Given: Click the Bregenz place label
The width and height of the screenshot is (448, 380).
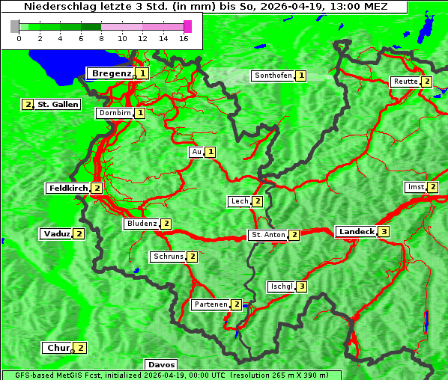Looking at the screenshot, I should (111, 73).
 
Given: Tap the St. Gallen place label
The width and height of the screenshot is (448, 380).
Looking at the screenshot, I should (58, 105).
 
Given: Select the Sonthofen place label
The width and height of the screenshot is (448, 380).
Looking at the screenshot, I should (273, 76).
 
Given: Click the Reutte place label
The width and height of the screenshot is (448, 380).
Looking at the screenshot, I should (405, 82).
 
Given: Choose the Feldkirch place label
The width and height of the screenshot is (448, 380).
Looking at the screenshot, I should (68, 188).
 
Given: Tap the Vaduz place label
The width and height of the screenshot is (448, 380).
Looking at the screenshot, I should (56, 233).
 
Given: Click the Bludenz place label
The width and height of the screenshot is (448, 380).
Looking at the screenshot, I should (142, 224).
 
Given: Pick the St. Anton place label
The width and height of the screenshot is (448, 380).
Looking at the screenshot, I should (268, 235).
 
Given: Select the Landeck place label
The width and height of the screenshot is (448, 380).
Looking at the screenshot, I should (356, 232).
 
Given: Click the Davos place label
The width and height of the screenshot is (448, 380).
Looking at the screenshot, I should (161, 365).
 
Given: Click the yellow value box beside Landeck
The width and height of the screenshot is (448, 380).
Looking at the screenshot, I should (384, 232).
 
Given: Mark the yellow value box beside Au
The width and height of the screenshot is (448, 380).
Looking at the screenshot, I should (211, 152).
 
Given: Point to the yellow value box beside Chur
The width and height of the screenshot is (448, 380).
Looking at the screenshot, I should (81, 348).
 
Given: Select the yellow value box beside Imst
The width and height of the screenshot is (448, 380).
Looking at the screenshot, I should (432, 187).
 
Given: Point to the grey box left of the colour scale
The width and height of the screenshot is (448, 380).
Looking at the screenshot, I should (15, 26).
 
